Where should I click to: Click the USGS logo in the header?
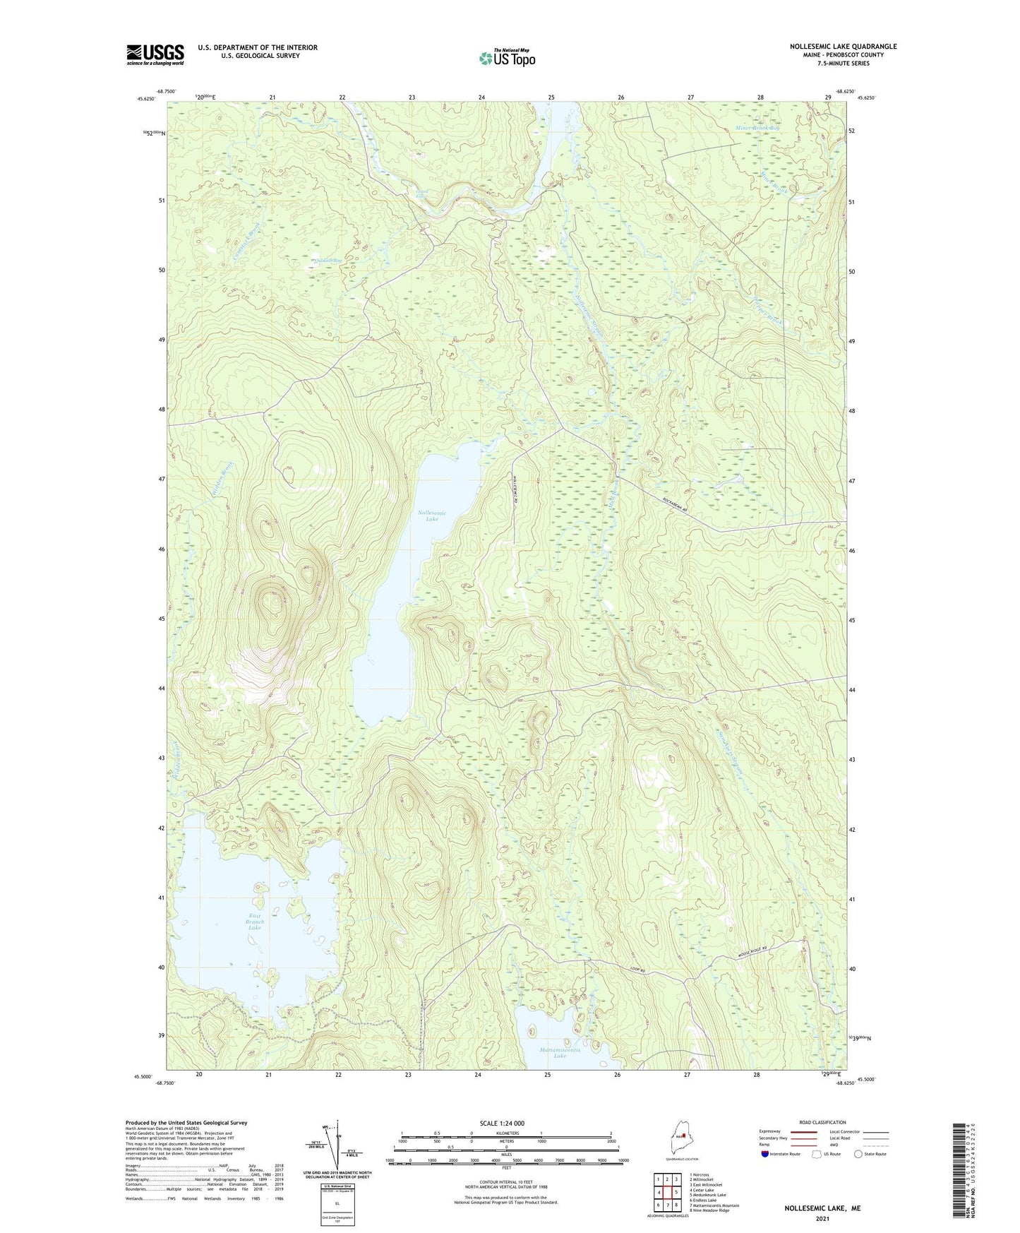click(x=155, y=54)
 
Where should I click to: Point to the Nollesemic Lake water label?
click(x=431, y=516)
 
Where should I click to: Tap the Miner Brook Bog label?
click(x=757, y=128)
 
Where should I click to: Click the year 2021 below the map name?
click(x=822, y=1218)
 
